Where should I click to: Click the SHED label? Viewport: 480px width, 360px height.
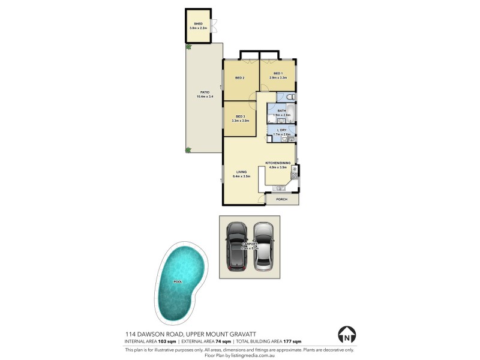pyautogui.click(x=198, y=23)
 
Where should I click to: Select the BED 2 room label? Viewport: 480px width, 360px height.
pyautogui.click(x=239, y=78)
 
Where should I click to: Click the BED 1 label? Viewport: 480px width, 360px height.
pyautogui.click(x=278, y=73)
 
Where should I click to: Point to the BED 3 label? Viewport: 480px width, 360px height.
pyautogui.click(x=240, y=116)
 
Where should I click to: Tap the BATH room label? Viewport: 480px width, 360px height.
pyautogui.click(x=281, y=110)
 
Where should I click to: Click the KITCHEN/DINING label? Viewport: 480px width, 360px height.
pyautogui.click(x=279, y=163)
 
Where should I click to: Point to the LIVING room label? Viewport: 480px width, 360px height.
pyautogui.click(x=241, y=173)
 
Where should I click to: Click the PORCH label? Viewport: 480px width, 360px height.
pyautogui.click(x=281, y=199)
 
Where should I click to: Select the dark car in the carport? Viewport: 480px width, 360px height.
pyautogui.click(x=237, y=247)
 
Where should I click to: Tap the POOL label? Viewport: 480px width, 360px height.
pyautogui.click(x=178, y=281)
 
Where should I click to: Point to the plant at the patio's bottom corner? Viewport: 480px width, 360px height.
pyautogui.click(x=188, y=149)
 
